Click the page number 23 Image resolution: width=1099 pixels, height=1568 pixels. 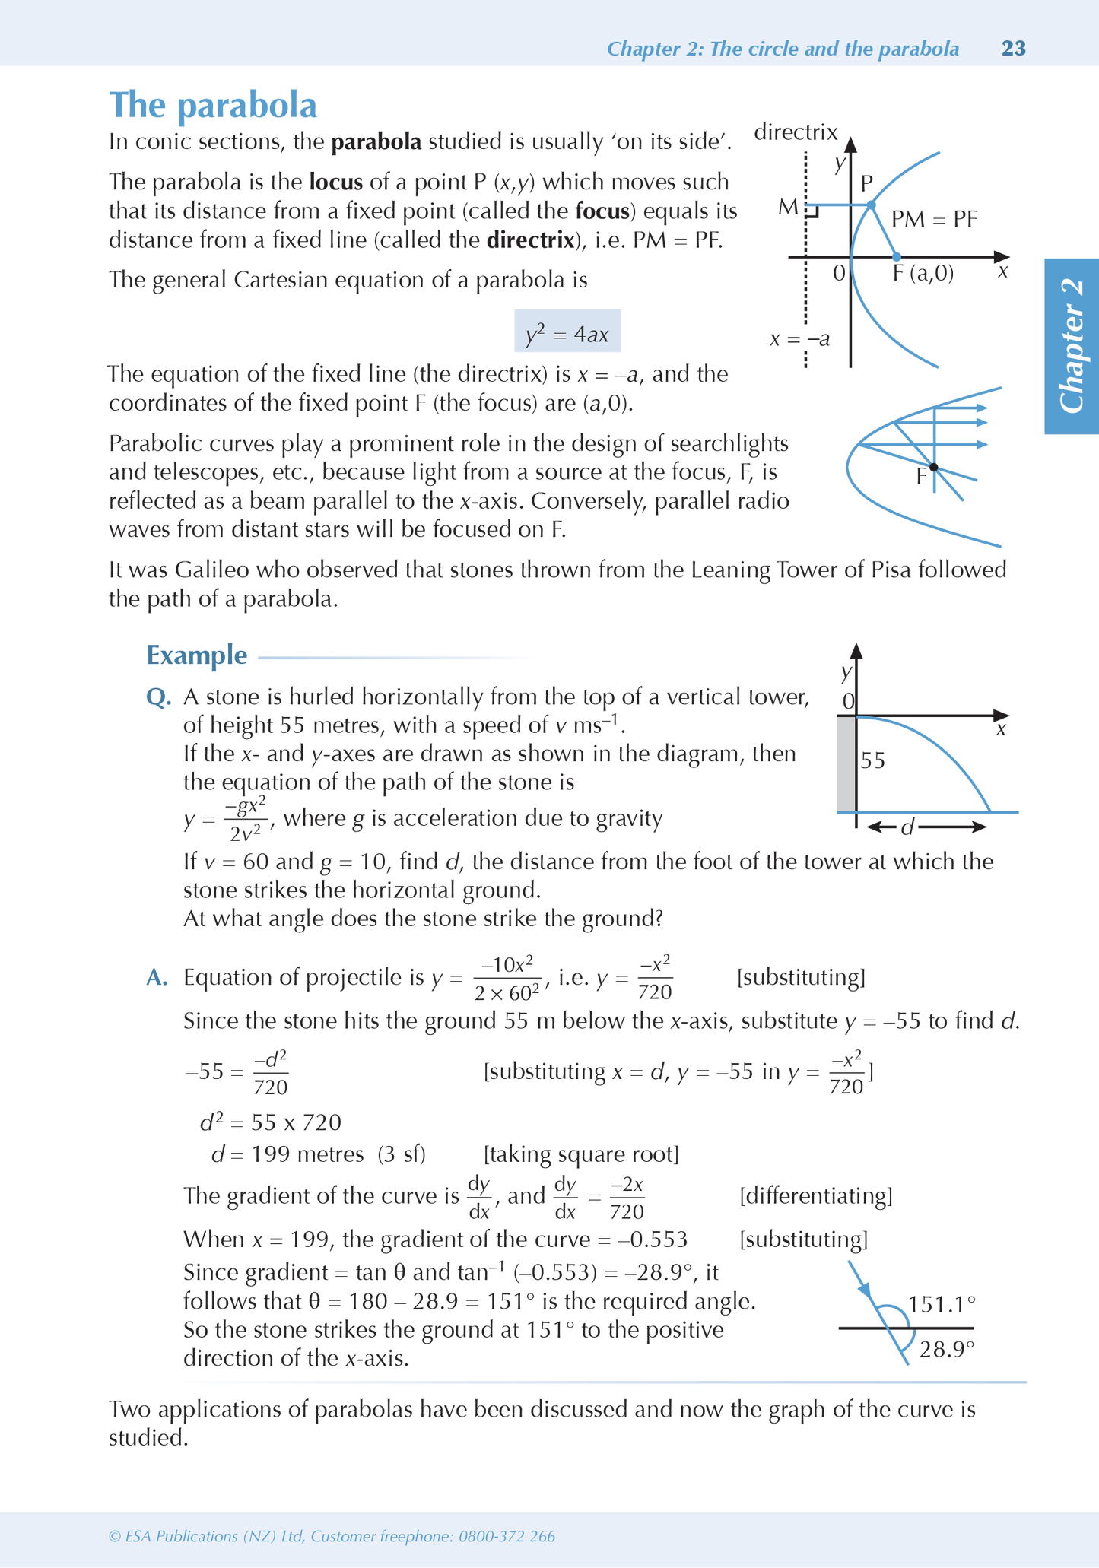[x=1014, y=49]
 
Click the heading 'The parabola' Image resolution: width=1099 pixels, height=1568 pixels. [x=213, y=105]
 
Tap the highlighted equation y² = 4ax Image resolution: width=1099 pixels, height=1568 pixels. [x=567, y=331]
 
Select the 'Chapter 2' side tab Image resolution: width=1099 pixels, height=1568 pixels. [x=1072, y=347]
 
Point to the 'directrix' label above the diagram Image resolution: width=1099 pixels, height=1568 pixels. [x=796, y=132]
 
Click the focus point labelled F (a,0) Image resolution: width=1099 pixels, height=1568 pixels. [x=897, y=257]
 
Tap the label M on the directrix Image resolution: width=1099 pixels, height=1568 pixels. [x=788, y=207]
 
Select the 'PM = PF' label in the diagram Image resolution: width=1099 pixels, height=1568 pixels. [x=934, y=220]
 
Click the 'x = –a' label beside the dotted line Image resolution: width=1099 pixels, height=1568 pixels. [x=799, y=339]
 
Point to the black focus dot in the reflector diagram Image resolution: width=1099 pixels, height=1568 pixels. [x=934, y=467]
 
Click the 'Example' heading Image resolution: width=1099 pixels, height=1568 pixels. [x=196, y=655]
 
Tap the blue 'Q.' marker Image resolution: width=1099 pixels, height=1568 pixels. [x=158, y=697]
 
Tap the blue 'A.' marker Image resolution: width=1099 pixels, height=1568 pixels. [x=157, y=977]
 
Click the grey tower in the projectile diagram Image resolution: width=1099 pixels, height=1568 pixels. [x=846, y=763]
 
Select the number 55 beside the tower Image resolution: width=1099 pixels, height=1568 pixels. [x=873, y=760]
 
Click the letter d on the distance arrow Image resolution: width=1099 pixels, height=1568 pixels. [x=907, y=827]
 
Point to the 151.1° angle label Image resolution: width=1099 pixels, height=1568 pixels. [x=942, y=1305]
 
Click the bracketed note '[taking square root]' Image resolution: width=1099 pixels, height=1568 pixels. [x=581, y=1154]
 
